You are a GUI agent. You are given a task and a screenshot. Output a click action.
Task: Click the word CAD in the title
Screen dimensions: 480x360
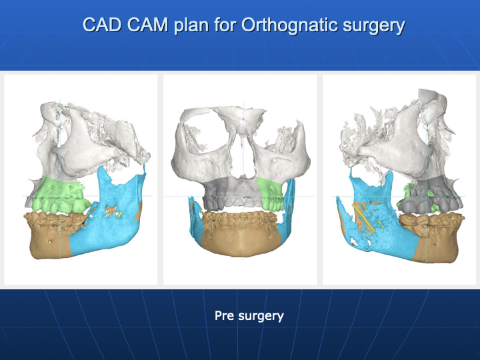102,25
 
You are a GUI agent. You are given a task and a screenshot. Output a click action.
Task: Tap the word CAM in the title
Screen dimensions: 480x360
147,25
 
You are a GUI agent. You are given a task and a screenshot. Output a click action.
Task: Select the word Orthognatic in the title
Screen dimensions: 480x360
289,25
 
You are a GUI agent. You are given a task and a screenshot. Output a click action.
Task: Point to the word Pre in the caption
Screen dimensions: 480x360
225,315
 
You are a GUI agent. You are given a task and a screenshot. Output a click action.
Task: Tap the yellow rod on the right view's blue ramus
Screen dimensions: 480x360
364,217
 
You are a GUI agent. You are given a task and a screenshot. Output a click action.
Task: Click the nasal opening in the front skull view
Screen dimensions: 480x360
243,159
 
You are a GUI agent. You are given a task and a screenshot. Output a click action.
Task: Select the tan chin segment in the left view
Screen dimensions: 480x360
52,236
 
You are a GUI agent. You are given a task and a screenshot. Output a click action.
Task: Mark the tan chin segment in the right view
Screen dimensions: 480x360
435,239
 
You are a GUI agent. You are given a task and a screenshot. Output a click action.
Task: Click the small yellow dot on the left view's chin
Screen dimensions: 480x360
50,242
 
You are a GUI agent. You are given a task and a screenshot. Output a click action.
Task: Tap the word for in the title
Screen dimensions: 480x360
225,25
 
